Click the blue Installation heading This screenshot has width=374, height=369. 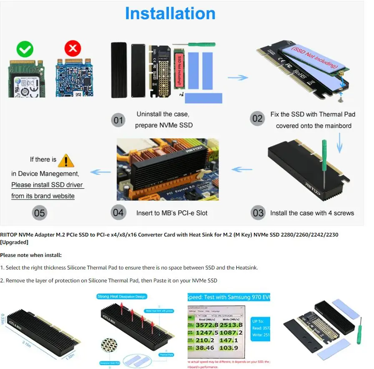click(170, 13)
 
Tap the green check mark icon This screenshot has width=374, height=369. click(25, 50)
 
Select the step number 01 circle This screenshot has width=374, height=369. click(118, 120)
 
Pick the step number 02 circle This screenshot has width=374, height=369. click(257, 119)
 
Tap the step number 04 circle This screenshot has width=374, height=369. click(118, 212)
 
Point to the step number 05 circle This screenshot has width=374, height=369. click(39, 213)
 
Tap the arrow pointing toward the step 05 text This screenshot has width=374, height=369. click(100, 172)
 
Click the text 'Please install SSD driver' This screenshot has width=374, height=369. click(47, 185)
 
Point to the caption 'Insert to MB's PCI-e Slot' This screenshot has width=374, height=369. click(172, 213)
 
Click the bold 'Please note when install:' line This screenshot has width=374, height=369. click(31, 255)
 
